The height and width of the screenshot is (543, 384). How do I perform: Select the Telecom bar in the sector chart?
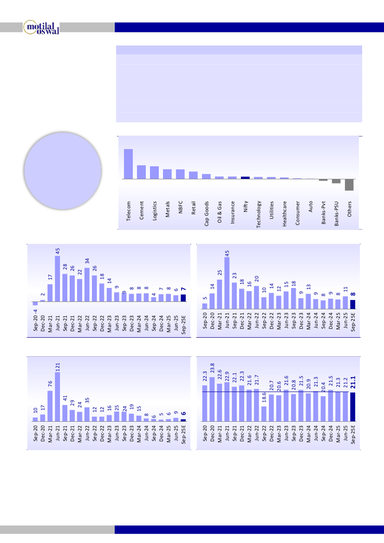click(x=128, y=164)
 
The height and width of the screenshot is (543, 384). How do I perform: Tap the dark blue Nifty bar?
click(x=245, y=177)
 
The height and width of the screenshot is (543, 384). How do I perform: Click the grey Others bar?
click(x=349, y=184)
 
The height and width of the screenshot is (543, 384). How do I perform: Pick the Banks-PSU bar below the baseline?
click(x=336, y=181)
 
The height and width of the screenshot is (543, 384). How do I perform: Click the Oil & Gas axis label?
click(x=220, y=212)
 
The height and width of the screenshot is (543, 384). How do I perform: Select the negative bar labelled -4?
click(x=35, y=303)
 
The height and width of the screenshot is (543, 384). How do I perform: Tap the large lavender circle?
click(x=62, y=170)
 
